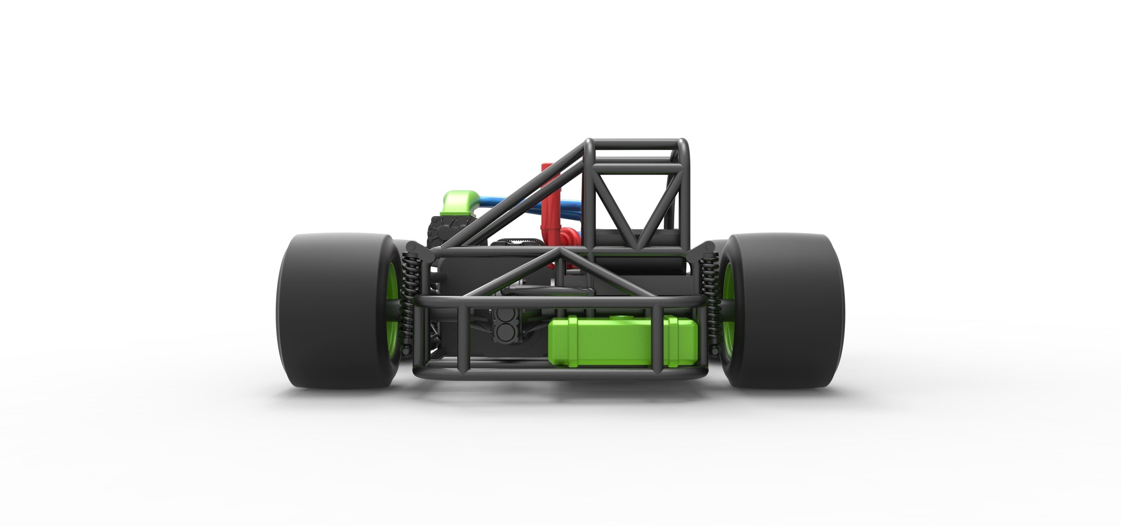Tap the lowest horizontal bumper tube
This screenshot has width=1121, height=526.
point(557,375)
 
